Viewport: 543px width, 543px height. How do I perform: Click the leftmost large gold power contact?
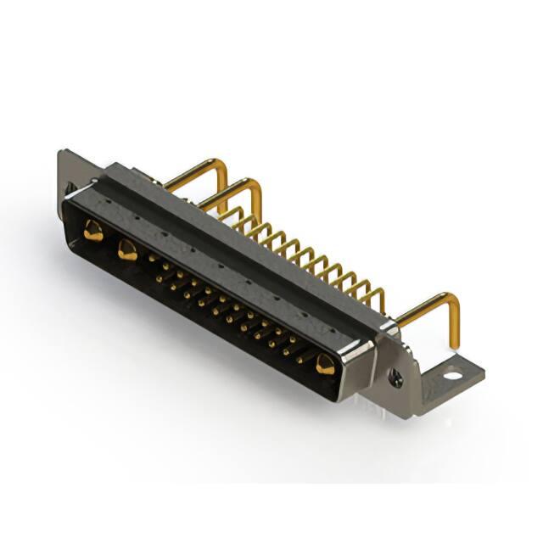point(92,230)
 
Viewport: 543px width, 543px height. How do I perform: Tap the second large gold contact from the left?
point(127,249)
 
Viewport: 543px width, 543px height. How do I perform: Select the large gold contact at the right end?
point(325,365)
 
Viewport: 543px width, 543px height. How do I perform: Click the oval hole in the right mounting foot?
point(452,373)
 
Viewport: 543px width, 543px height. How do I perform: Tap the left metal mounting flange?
point(68,174)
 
